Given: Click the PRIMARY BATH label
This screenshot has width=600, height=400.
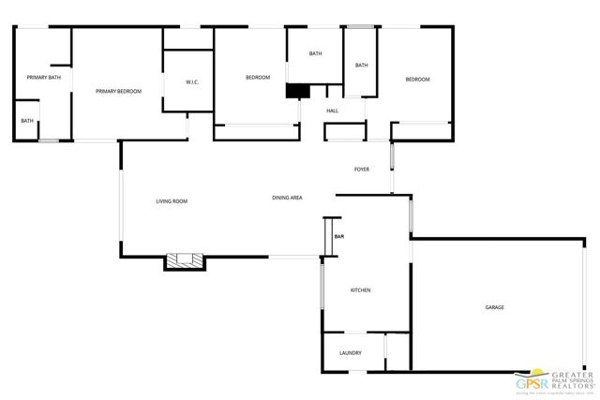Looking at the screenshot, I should (x=43, y=77).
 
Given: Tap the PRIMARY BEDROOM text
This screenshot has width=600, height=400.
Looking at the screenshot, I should (x=119, y=91).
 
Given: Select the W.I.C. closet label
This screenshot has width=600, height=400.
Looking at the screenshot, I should (x=191, y=82).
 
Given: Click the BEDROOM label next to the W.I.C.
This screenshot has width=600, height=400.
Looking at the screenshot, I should (x=258, y=77).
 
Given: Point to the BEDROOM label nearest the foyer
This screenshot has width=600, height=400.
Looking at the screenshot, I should (x=417, y=80).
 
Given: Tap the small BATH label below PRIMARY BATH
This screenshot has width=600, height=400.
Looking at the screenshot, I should (x=27, y=121).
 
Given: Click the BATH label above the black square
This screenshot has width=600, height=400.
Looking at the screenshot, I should (x=316, y=53).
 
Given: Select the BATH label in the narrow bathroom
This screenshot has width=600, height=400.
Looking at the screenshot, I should (x=361, y=65).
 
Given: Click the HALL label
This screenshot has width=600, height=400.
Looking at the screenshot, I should (x=332, y=111).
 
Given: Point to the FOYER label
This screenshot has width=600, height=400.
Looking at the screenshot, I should (x=362, y=170).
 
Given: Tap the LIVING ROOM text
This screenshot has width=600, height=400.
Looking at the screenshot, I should (x=172, y=201).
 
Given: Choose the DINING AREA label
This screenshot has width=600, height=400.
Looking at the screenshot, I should (x=287, y=198).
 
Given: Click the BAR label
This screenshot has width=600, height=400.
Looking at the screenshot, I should (x=339, y=235).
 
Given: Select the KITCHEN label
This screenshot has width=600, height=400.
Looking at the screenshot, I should (x=361, y=290).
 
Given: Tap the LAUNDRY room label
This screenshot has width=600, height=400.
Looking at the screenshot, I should (x=351, y=352).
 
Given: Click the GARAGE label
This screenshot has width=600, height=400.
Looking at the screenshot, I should (x=495, y=307).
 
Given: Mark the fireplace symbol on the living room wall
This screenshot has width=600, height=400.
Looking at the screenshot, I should (x=185, y=260).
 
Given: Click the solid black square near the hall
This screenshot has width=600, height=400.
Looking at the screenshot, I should (x=297, y=91).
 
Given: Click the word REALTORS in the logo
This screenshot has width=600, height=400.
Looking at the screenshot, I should (x=576, y=382).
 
